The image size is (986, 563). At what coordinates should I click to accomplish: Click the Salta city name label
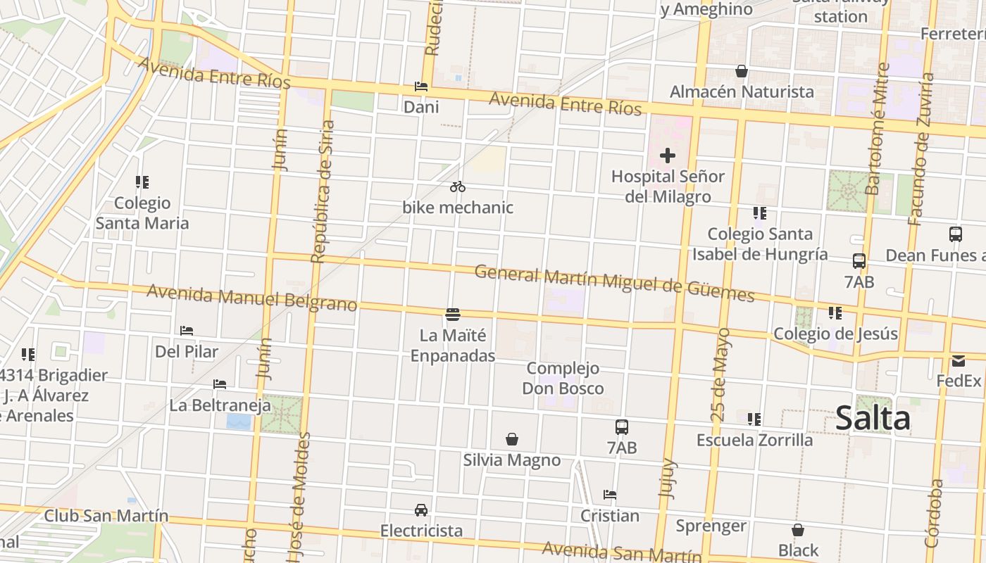click(873, 419)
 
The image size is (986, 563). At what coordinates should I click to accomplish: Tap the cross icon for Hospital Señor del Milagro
click(668, 156)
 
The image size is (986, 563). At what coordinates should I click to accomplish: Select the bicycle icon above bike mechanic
click(458, 186)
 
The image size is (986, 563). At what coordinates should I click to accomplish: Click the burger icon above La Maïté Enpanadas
click(453, 314)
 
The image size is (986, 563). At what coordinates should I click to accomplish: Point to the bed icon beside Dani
click(421, 87)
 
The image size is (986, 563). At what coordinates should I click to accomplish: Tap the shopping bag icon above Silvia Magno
click(512, 439)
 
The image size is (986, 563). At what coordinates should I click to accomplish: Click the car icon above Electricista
click(421, 510)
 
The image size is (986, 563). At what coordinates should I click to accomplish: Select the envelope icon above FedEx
click(959, 361)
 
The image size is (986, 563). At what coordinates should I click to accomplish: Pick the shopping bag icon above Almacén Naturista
click(742, 71)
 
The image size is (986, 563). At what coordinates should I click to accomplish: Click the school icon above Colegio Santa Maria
click(142, 182)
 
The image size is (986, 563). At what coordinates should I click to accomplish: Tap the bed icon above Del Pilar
click(187, 330)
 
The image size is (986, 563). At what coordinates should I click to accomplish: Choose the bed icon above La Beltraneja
click(220, 384)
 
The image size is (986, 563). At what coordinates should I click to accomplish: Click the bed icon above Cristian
click(610, 495)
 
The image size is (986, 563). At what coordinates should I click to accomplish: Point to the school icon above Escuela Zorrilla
click(754, 419)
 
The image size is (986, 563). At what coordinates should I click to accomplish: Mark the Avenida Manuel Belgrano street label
click(251, 297)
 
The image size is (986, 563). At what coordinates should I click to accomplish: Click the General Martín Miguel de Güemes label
click(614, 282)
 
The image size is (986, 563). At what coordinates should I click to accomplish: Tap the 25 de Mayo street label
click(721, 374)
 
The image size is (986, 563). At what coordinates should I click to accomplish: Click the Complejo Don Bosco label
click(563, 378)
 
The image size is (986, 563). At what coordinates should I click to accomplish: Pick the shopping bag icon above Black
click(798, 530)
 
